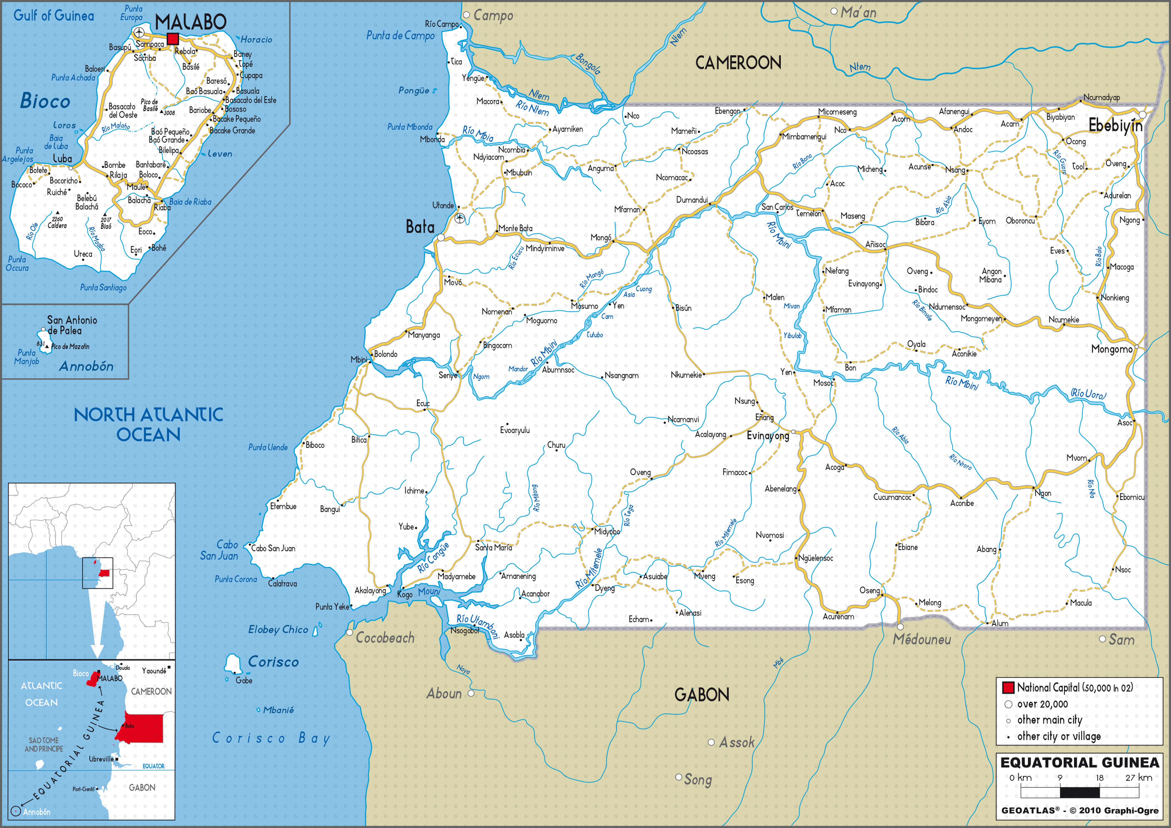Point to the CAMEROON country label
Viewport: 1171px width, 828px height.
click(738, 63)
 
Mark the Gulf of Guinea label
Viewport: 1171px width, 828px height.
click(53, 15)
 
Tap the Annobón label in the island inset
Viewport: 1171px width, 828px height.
click(86, 366)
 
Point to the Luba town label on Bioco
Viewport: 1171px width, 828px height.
click(62, 159)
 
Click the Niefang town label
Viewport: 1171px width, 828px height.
click(837, 271)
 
